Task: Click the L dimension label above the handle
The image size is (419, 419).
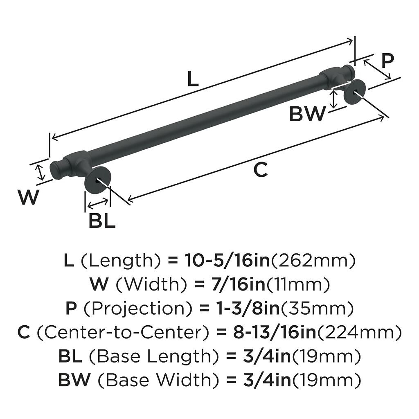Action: click(x=193, y=79)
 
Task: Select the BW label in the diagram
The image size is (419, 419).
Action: click(x=308, y=113)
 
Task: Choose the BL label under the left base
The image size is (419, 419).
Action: click(x=102, y=221)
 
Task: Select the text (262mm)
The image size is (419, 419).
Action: click(x=313, y=261)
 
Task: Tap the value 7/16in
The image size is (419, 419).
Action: click(x=235, y=285)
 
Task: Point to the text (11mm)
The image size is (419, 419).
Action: click(x=298, y=285)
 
